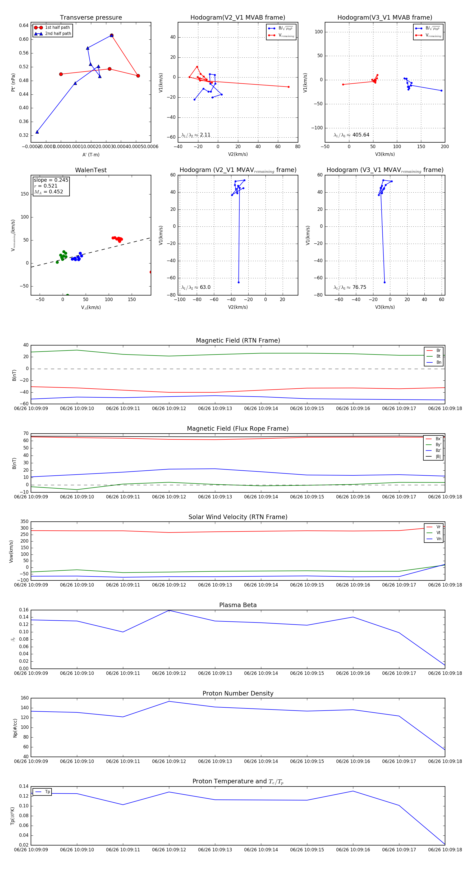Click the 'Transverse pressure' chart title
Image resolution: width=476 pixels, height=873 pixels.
click(x=91, y=18)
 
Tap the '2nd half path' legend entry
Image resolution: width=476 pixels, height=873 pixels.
click(x=58, y=34)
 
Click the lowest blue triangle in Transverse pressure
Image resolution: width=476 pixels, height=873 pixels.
click(x=37, y=132)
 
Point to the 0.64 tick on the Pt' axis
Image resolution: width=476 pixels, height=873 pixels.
click(x=24, y=25)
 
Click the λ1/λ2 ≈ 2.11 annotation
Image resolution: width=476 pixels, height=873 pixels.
click(x=196, y=135)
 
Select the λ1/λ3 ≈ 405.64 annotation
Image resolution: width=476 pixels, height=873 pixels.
click(x=351, y=135)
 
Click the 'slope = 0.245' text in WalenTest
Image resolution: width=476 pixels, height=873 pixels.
click(x=51, y=180)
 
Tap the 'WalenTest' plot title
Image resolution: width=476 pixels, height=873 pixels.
click(x=91, y=170)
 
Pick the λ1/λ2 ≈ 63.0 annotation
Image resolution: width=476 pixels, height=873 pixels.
click(x=196, y=287)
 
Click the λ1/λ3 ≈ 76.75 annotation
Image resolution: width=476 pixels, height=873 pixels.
click(x=350, y=287)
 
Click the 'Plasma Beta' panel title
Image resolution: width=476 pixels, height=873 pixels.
click(x=238, y=605)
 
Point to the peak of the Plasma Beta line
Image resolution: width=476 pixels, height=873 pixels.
click(x=169, y=610)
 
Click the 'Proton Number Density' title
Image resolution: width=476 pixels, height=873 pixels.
click(x=238, y=693)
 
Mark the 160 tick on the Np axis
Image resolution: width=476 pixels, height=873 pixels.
click(x=25, y=698)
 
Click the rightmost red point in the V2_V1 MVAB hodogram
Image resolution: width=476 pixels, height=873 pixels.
click(x=288, y=87)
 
